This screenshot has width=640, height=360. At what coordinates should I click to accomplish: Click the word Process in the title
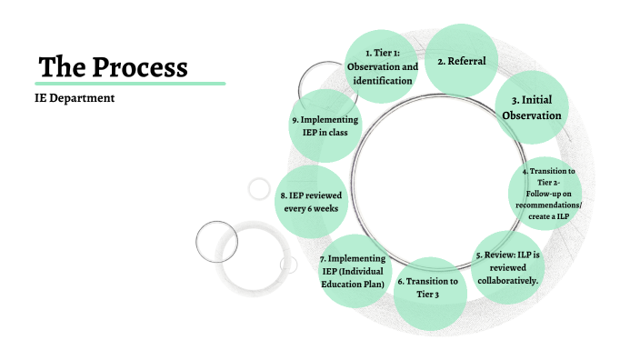coord(145,66)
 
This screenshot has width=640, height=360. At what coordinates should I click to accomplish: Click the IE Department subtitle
coord(75,97)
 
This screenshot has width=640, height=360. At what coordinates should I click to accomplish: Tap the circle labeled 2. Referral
coord(462,61)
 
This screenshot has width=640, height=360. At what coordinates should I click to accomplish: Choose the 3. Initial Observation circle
coord(531,107)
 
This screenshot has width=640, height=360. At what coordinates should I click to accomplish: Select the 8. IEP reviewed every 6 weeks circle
coord(311,200)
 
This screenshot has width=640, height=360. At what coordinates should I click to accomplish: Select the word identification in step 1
coord(384,81)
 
